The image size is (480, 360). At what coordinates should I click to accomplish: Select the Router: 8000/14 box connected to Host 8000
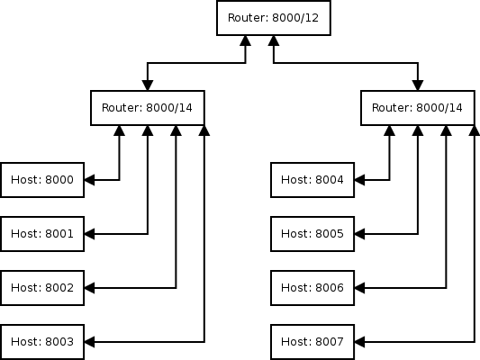147,108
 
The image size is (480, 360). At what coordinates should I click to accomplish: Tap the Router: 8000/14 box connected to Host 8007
417,108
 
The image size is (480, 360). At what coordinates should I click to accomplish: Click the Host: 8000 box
42,180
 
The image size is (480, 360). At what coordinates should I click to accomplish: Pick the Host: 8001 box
42,234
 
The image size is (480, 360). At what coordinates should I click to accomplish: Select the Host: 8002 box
42,288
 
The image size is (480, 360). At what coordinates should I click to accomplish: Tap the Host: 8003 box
42,342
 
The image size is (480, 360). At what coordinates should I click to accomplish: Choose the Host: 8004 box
312,180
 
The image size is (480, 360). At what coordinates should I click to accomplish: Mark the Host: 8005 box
312,234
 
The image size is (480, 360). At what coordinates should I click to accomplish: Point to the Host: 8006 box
312,288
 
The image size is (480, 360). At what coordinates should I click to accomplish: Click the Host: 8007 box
312,342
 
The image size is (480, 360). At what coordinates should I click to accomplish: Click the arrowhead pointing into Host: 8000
91,180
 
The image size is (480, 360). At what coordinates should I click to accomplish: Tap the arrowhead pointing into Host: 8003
91,342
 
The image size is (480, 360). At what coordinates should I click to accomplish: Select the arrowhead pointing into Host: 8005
361,234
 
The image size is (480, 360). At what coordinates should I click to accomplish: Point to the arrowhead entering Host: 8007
361,342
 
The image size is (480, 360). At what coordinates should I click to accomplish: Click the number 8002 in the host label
59,288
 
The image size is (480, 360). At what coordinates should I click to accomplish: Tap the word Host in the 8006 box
295,288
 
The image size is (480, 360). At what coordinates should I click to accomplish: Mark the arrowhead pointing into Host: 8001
91,234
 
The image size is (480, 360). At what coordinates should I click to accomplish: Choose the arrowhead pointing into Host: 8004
361,180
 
